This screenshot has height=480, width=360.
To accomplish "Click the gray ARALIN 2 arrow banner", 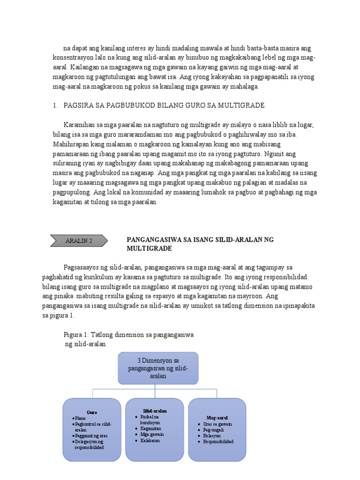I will pos(78,241).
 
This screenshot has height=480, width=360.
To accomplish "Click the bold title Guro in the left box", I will pos(92,412).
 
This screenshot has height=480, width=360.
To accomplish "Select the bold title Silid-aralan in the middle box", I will pos(155,411).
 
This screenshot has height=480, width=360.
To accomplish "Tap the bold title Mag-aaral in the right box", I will pos(217,417).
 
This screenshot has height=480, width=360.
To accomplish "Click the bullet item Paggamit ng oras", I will pos(91,435).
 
